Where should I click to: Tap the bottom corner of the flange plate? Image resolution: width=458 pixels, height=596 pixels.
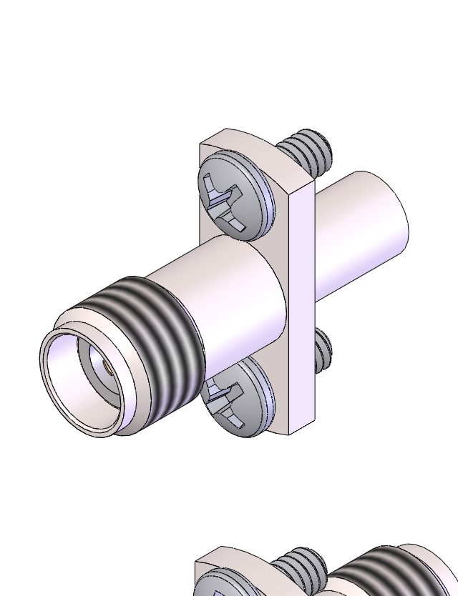tap(291, 432)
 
